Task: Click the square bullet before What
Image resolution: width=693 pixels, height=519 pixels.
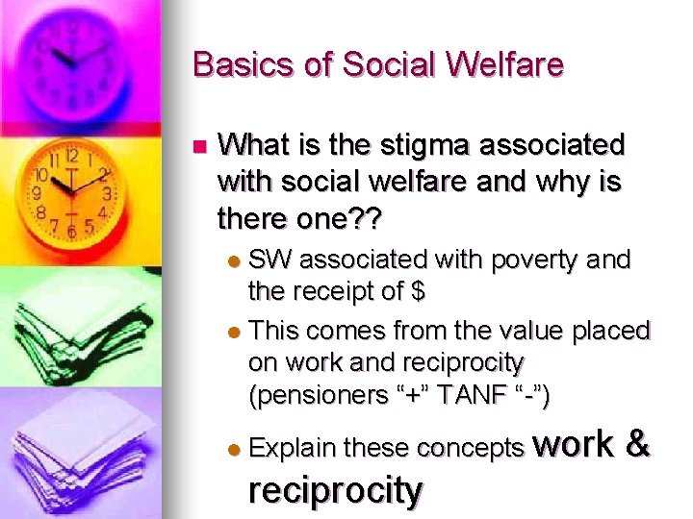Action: point(199,147)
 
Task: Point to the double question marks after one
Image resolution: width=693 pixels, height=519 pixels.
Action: point(366,219)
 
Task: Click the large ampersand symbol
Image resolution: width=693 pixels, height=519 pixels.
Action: point(637,443)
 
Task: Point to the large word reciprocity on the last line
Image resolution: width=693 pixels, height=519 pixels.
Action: point(335,490)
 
